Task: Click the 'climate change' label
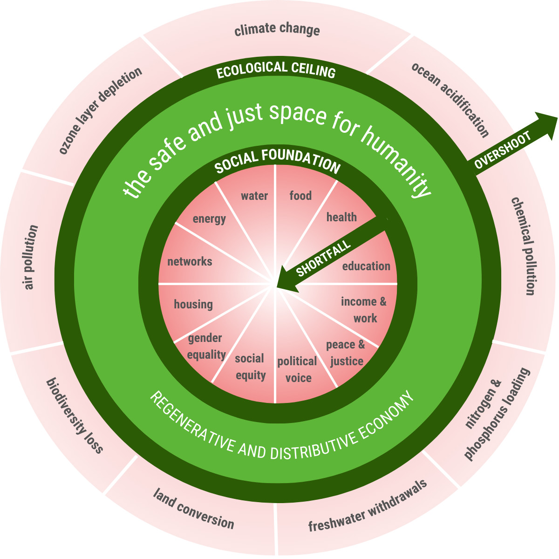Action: pos(277,31)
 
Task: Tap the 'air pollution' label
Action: pos(31,257)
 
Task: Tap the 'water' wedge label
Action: pos(254,196)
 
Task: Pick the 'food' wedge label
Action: pos(300,196)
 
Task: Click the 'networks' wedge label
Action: pos(190,262)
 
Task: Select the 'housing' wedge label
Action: pos(193,305)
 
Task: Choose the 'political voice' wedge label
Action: pos(298,369)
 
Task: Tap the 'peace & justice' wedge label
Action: pos(346,353)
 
